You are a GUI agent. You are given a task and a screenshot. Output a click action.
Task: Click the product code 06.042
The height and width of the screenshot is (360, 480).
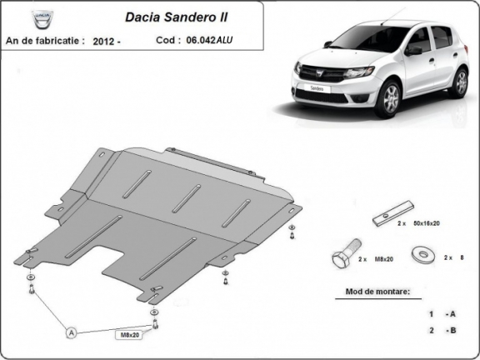[x=200, y=40]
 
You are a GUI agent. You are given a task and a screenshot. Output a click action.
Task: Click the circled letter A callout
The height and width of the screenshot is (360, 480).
[x=72, y=333]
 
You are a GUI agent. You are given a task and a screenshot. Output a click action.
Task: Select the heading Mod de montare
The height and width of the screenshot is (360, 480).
[x=377, y=292]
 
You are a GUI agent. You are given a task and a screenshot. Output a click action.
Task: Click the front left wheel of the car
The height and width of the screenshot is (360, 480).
[x=388, y=97]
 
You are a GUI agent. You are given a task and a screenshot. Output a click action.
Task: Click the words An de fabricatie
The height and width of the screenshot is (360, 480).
[x=44, y=40]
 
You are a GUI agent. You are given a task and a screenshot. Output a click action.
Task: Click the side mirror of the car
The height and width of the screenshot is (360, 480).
[x=413, y=50]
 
